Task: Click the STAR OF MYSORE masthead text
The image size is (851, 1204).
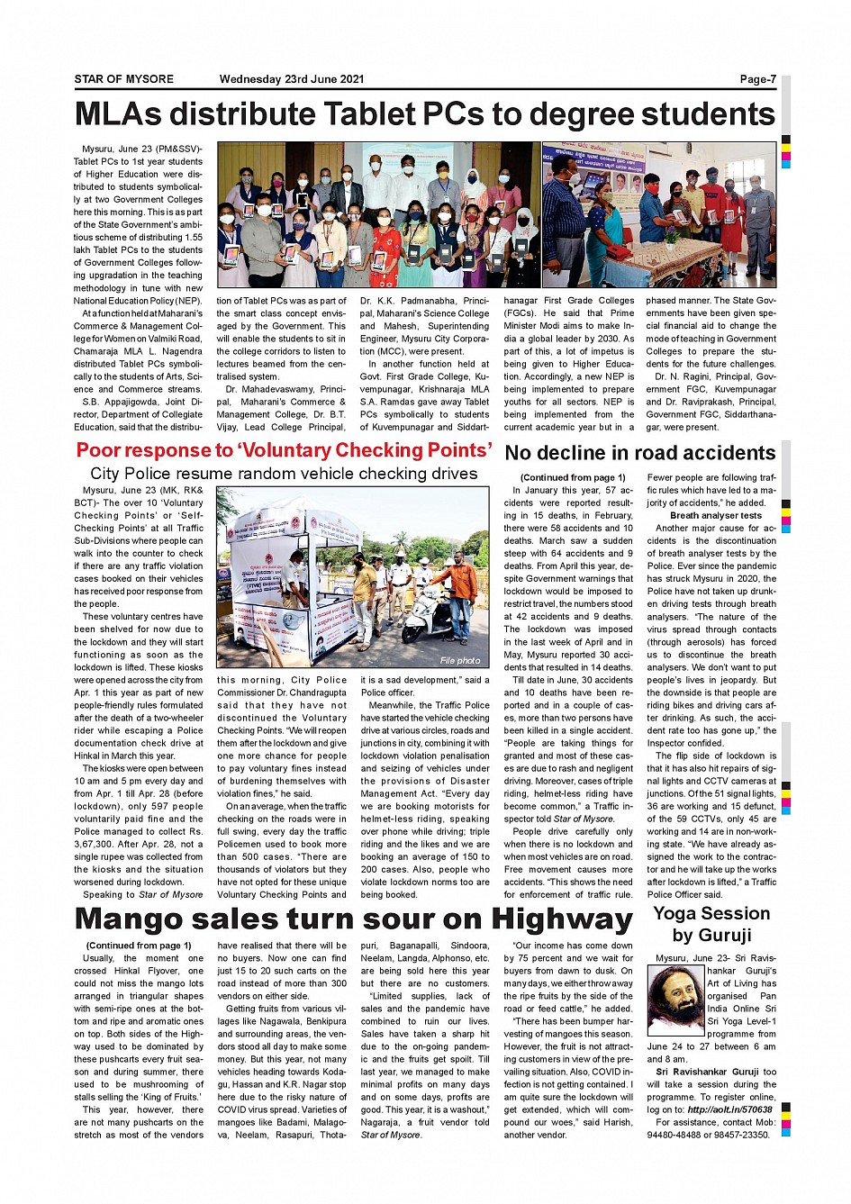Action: coord(123,79)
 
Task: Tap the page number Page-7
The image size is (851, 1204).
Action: coord(757,79)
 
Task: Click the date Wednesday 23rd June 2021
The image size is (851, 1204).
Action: coord(292,79)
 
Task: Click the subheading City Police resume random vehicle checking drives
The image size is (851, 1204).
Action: coord(284,474)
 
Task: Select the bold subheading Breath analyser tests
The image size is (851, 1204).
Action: coord(716,516)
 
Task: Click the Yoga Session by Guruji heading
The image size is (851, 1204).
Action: coord(711,924)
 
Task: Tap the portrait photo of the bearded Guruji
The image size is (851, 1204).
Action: coord(675,1000)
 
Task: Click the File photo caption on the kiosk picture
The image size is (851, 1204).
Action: coord(460,660)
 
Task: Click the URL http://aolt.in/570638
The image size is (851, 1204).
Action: coord(729,1110)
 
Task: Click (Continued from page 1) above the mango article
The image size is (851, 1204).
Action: coord(139,946)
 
